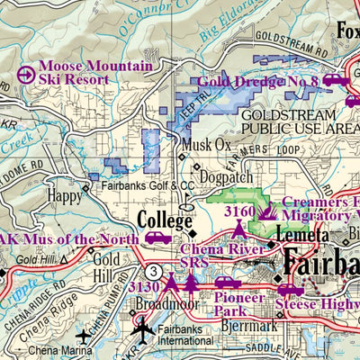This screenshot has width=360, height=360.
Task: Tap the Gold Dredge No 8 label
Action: [258, 82]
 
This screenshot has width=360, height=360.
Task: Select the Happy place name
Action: [66, 194]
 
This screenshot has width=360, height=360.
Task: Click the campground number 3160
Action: [239, 211]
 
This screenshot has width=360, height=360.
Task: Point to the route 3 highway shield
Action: [156, 270]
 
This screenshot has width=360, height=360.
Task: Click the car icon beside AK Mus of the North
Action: [158, 238]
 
